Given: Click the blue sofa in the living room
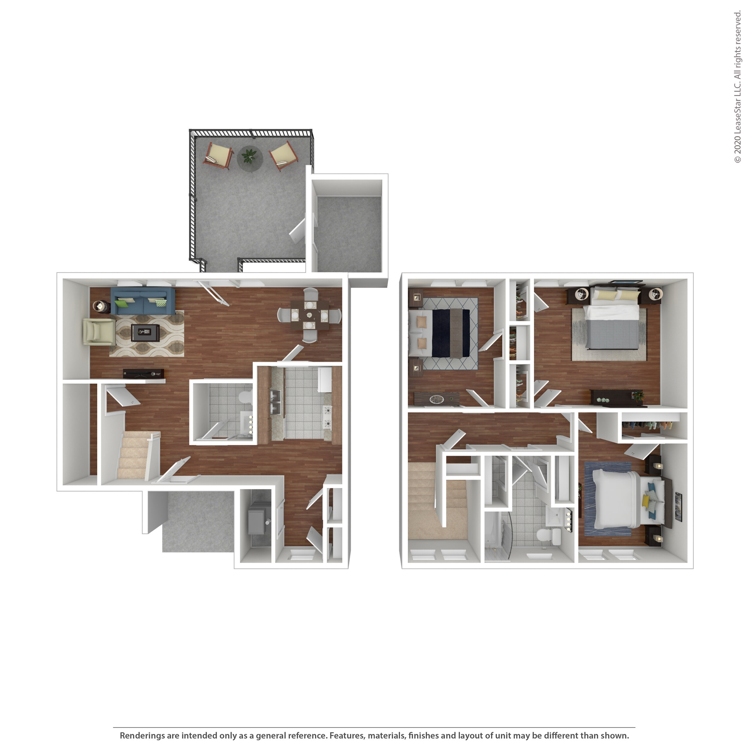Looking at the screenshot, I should (143, 301).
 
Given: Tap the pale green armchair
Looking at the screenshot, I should (99, 332).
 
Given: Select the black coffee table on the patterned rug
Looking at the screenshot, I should (145, 333).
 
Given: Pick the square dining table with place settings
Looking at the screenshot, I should (309, 315).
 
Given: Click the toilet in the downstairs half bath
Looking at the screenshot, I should (245, 397).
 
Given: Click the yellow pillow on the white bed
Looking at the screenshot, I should (645, 501).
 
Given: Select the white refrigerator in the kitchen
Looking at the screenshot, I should (325, 380).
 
